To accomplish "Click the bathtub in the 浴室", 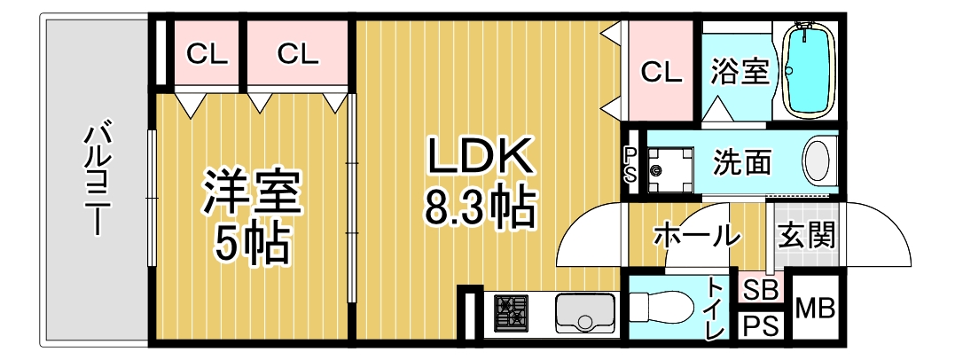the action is tap(808, 70).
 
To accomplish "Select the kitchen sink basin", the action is tap(585, 313).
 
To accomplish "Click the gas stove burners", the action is tap(511, 313).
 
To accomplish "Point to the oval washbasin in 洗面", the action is tap(818, 162).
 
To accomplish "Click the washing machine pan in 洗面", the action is tap(670, 170).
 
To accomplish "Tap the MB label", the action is tap(816, 309).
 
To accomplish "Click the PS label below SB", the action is tap(762, 326).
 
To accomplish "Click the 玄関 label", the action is tap(807, 234).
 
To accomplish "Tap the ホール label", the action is tap(697, 236).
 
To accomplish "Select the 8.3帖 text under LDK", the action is tap(479, 207).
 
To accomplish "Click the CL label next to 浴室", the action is tap(661, 73).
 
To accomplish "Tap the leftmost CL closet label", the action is tap(207, 54).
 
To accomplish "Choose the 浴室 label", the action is tap(740, 73).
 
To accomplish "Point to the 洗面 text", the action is tap(742, 162).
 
